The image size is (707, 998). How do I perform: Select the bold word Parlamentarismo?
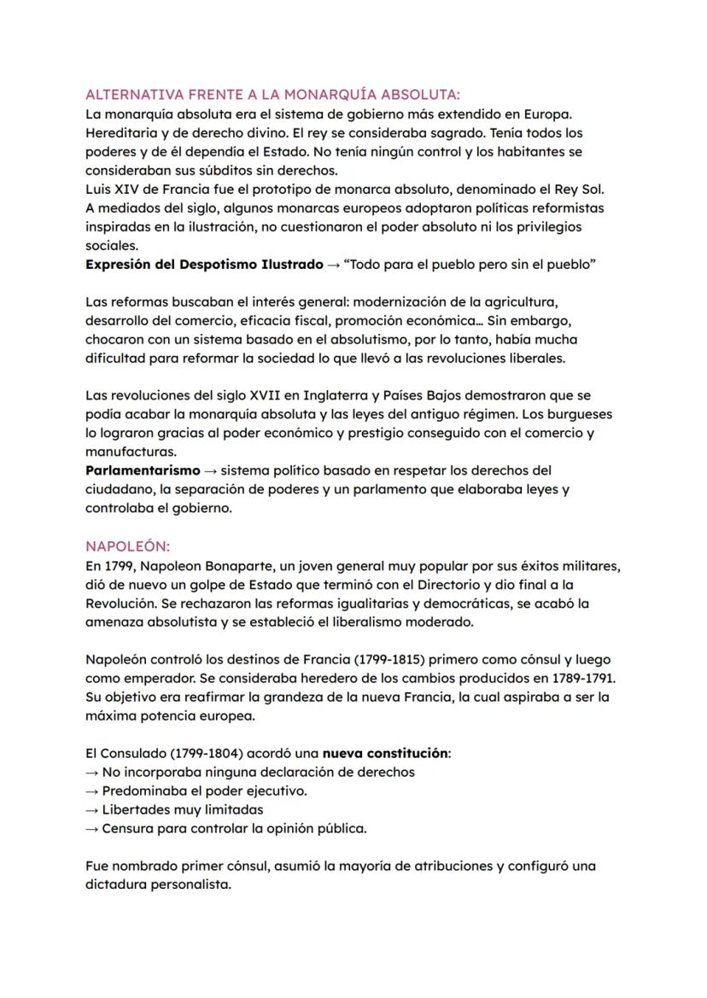coord(143,470)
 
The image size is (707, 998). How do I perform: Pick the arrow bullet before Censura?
coord(92,828)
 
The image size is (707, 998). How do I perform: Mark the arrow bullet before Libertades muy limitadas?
coord(92,809)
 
